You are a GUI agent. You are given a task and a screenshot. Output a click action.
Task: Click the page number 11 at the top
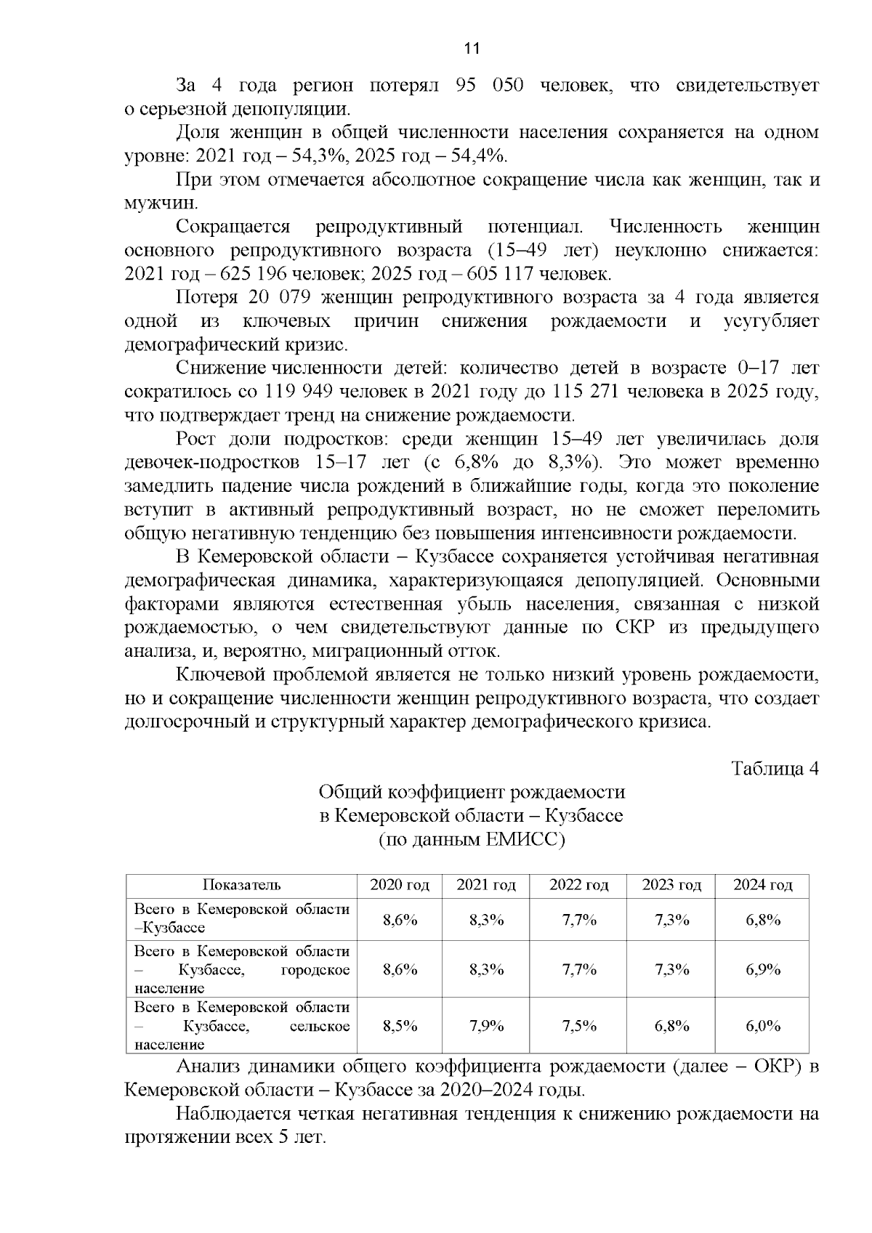click(x=472, y=49)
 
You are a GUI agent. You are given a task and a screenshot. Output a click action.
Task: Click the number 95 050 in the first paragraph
click(x=489, y=86)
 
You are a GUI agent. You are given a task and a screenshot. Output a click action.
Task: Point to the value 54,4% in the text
click(x=480, y=156)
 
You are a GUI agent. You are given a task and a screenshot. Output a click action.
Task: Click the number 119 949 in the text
click(x=300, y=392)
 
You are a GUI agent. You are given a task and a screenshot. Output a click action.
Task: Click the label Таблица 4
click(x=775, y=769)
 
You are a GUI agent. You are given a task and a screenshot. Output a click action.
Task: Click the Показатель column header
click(x=241, y=885)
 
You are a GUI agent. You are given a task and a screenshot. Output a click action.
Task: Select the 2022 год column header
click(x=578, y=885)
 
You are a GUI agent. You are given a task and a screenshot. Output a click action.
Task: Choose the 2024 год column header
click(x=762, y=885)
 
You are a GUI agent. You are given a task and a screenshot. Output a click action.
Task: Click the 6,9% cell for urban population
click(x=762, y=969)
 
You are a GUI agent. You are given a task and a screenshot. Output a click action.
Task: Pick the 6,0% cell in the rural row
click(x=762, y=1026)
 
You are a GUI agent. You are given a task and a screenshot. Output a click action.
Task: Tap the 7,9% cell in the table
click(x=486, y=1026)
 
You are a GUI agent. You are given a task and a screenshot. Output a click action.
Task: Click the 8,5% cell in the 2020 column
click(x=400, y=1026)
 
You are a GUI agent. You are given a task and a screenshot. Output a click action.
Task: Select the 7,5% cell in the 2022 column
click(x=578, y=1026)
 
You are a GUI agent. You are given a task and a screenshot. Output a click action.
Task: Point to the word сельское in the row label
click(x=319, y=1026)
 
